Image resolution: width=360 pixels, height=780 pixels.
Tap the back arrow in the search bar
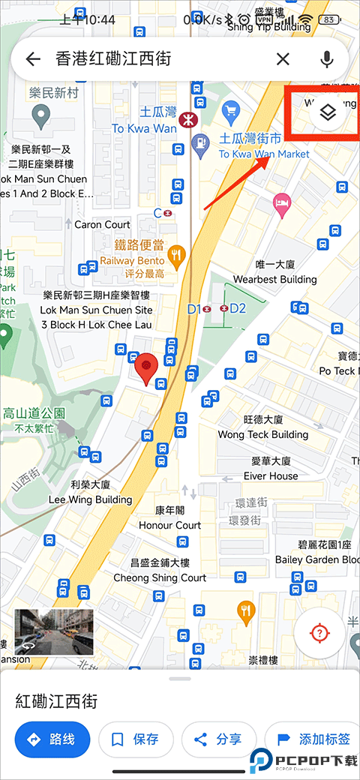pyautogui.click(x=32, y=59)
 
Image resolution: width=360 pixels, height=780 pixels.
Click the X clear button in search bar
pyautogui.click(x=283, y=59)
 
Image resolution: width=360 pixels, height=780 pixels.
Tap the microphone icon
pyautogui.click(x=327, y=59)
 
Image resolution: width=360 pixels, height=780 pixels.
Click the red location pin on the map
pyautogui.click(x=146, y=366)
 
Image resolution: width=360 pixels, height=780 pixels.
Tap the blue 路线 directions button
pyautogui.click(x=52, y=739)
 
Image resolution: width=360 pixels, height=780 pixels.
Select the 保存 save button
pyautogui.click(x=136, y=739)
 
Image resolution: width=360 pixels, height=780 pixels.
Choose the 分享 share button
pyautogui.click(x=219, y=739)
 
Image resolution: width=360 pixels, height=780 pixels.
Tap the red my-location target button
pyautogui.click(x=320, y=634)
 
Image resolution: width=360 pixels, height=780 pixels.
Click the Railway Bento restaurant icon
pyautogui.click(x=177, y=256)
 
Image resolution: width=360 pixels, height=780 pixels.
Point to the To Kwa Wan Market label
pyautogui.click(x=263, y=154)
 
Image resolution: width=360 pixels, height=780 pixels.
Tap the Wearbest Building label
pyautogui.click(x=275, y=279)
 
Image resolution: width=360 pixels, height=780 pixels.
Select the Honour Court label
pyautogui.click(x=169, y=525)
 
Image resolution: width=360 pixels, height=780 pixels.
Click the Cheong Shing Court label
pyautogui.click(x=160, y=577)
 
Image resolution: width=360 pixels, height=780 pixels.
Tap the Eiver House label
pyautogui.click(x=271, y=475)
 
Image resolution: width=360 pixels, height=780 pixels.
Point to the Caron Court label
pyautogui.click(x=102, y=224)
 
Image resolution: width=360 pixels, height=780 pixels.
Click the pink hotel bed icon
pyautogui.click(x=282, y=202)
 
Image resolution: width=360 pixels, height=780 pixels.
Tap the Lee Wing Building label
pyautogui.click(x=90, y=499)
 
